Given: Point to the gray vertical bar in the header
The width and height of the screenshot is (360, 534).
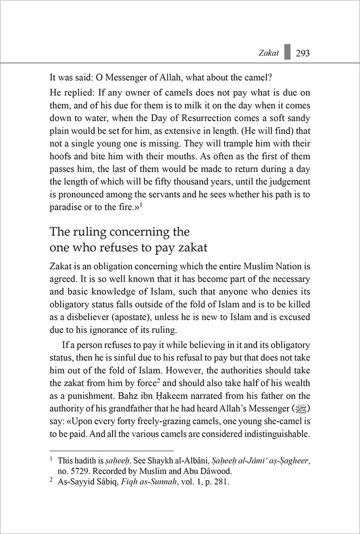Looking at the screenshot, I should (287, 53).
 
